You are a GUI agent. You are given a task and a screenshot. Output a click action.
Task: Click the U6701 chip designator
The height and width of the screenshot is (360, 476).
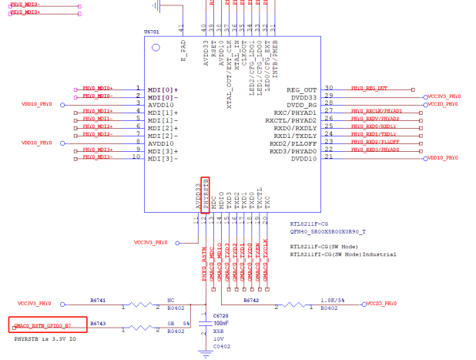pyautogui.click(x=152, y=32)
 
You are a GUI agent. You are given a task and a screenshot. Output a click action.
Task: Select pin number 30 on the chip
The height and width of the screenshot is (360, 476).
pyautogui.click(x=329, y=89)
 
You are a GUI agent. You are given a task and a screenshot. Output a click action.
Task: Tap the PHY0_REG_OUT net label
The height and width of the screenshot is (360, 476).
pyautogui.click(x=370, y=89)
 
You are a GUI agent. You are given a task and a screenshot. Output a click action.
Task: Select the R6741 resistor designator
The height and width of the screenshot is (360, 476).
pyautogui.click(x=97, y=300)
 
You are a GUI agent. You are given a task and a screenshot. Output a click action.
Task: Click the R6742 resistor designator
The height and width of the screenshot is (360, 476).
pyautogui.click(x=250, y=300)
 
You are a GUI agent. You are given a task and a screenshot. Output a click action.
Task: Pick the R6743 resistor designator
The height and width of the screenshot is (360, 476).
pyautogui.click(x=97, y=324)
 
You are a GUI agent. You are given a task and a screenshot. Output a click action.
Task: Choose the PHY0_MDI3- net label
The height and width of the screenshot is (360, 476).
pyautogui.click(x=97, y=157)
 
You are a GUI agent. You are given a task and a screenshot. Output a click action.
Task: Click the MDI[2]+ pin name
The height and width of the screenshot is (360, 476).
pyautogui.click(x=163, y=127)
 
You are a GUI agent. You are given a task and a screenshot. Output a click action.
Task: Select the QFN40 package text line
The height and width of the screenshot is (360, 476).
pyautogui.click(x=328, y=230)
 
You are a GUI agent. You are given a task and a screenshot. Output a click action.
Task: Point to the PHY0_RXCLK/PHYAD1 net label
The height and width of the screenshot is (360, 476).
pyautogui.click(x=387, y=112)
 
